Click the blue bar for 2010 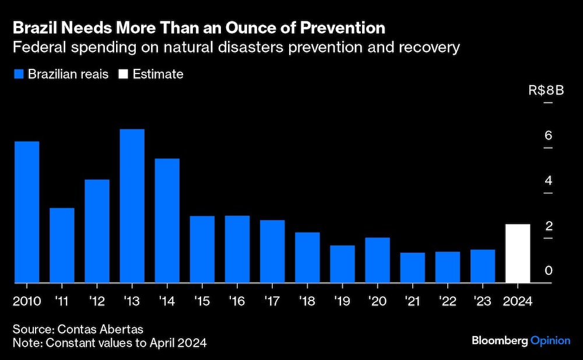coord(27,212)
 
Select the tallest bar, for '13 coord(132,206)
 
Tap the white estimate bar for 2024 coord(518,254)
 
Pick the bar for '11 coord(62,246)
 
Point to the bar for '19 coord(342,264)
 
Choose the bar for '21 coord(412,268)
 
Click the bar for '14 coord(167,221)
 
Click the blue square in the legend coord(17,75)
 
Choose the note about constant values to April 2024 coord(110,343)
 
